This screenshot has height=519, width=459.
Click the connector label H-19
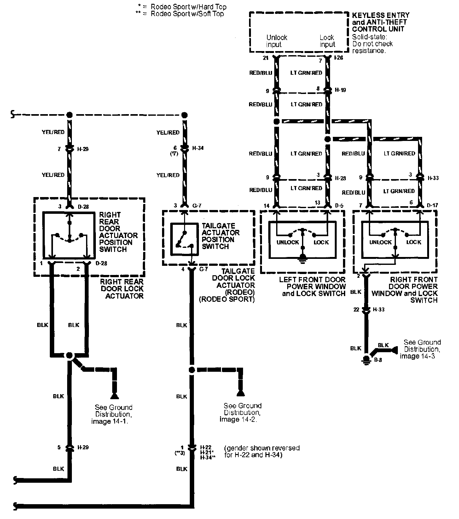click(340, 90)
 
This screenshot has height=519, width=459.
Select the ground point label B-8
click(378, 360)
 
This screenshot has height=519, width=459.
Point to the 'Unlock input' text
click(276, 41)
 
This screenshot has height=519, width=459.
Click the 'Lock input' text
click(327, 41)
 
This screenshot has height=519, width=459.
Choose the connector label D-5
click(339, 206)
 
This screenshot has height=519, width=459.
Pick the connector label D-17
click(433, 206)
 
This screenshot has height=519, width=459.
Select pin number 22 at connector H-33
click(356, 310)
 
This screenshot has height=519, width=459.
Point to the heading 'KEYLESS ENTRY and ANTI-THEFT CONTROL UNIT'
click(381, 22)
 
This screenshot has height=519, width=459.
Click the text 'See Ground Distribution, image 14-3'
click(421, 349)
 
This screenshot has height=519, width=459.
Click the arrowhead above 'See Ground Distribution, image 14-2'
click(241, 393)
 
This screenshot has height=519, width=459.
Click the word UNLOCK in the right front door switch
click(380, 242)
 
